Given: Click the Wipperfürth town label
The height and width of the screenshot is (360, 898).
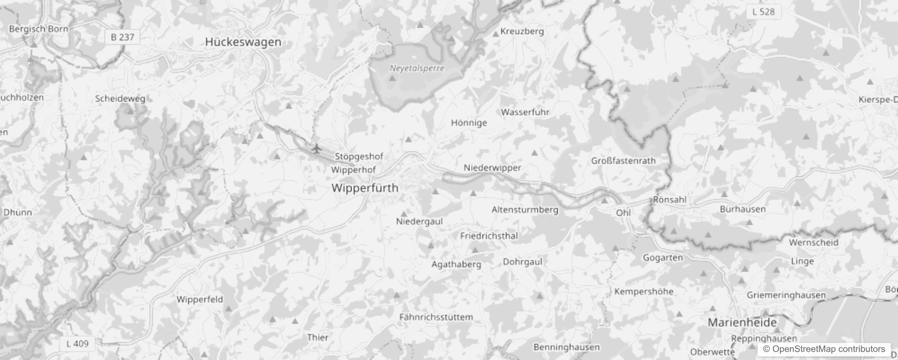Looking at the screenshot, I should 365,188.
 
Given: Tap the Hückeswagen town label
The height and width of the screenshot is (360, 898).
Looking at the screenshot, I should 243,42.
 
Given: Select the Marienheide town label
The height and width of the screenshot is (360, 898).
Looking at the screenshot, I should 742,322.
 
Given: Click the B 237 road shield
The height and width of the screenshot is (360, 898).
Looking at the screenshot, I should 122,37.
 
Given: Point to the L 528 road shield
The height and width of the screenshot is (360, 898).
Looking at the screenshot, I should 763,12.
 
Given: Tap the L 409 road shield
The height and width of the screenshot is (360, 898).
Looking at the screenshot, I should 77,344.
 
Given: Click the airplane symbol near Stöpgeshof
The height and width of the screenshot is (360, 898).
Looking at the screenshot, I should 317,148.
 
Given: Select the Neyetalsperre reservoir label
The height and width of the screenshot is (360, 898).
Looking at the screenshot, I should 417,68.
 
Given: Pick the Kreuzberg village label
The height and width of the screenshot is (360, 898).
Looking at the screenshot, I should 522,31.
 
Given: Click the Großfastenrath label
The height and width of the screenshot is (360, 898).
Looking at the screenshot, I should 623,161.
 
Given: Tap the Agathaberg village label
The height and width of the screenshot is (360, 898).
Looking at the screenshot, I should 456,264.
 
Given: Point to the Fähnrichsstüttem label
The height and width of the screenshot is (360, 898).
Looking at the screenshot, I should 436,317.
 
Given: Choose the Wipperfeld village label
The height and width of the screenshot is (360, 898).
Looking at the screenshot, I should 200,299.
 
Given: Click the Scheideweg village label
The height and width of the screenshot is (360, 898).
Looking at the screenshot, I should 120,99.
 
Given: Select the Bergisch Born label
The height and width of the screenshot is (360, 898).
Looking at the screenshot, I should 39,29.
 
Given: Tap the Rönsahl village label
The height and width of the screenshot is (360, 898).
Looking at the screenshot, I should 669,199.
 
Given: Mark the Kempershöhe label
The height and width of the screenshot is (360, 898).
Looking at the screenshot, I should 644,292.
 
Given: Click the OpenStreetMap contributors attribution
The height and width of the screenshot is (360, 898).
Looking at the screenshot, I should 824,349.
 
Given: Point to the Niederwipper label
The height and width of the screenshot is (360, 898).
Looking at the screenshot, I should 492,168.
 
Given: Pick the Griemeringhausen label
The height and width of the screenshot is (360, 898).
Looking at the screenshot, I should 786,295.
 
